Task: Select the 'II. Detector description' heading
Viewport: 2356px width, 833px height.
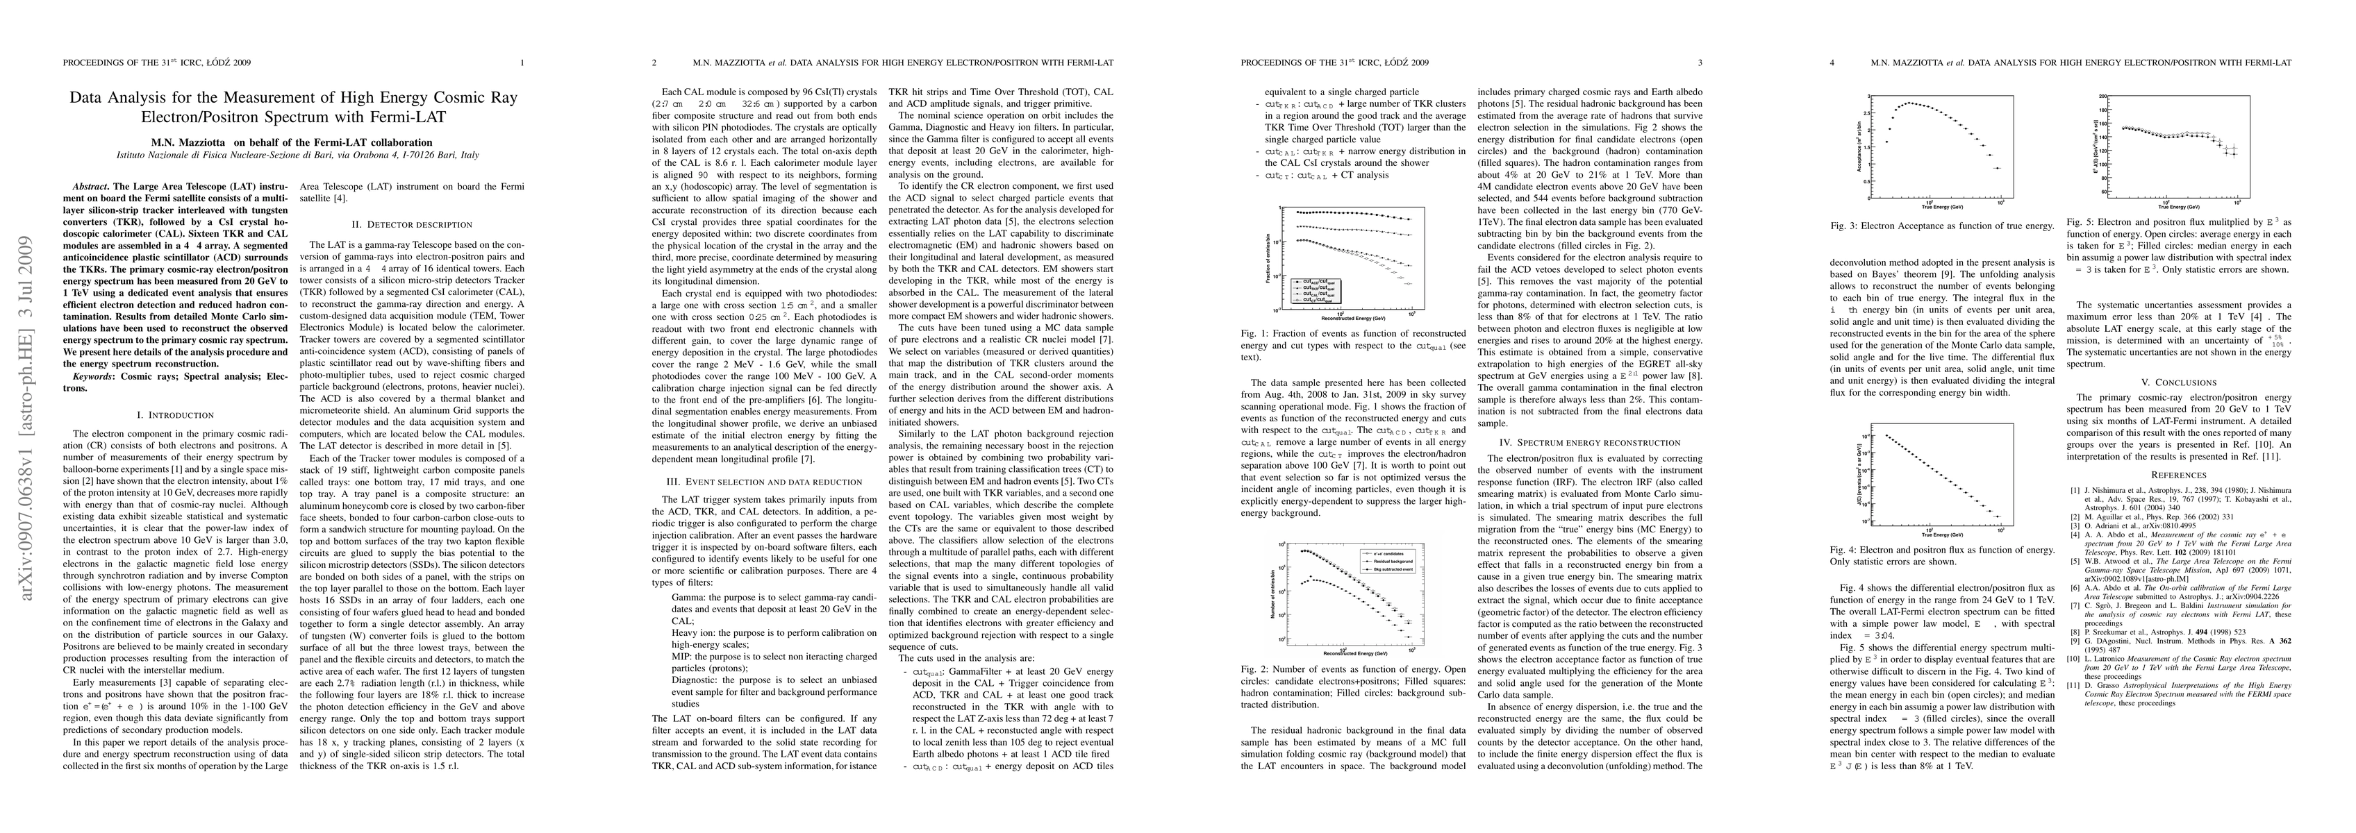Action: click(x=412, y=224)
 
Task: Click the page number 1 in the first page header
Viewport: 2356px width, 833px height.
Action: click(x=522, y=63)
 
